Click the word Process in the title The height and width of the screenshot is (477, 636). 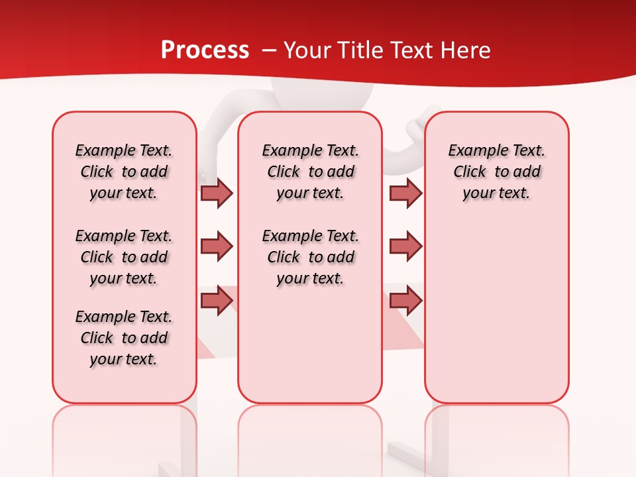tap(205, 50)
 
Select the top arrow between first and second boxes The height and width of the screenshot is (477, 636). tap(217, 193)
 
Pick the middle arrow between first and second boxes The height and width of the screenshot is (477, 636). tap(217, 246)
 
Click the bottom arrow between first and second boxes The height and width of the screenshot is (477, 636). tap(217, 300)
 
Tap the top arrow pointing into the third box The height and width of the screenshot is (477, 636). tap(405, 193)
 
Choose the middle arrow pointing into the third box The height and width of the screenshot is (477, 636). tap(405, 246)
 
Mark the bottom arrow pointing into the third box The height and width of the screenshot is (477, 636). tap(405, 300)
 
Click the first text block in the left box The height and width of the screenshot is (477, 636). tap(124, 172)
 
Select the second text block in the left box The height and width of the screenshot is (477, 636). tap(124, 257)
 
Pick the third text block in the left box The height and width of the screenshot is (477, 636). tap(124, 338)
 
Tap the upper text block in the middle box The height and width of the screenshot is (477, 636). tap(310, 172)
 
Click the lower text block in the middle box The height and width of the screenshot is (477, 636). tap(310, 257)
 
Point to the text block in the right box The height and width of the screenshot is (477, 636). tap(496, 172)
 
